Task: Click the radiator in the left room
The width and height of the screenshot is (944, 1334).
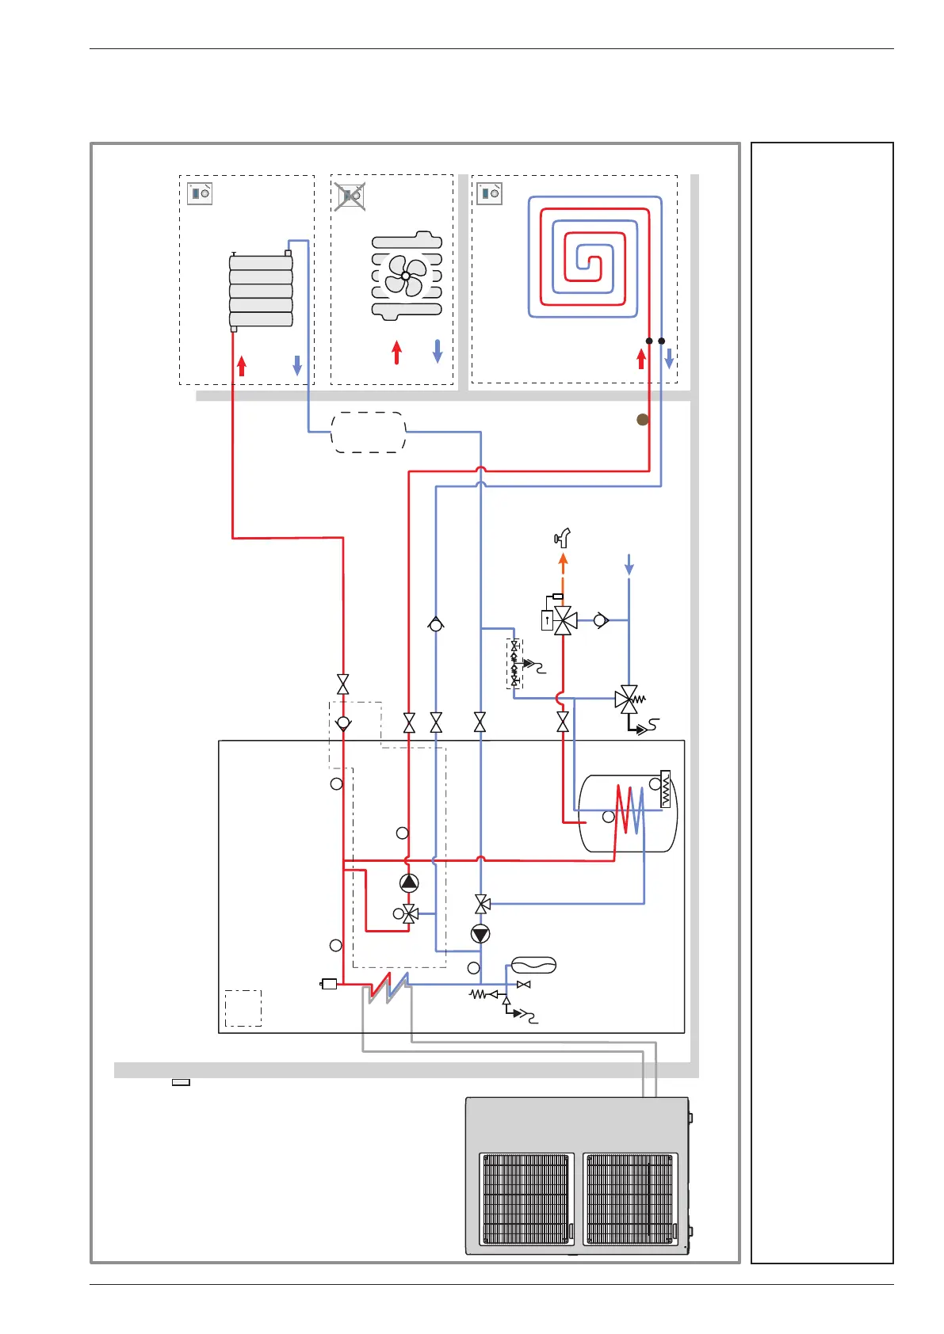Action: [x=261, y=291]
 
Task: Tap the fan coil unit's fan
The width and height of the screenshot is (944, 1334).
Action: [x=406, y=276]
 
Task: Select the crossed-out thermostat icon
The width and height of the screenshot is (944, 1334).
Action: [x=350, y=195]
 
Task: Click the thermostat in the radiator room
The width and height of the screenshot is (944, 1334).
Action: [x=200, y=193]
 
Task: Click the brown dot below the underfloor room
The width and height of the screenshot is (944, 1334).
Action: [x=643, y=420]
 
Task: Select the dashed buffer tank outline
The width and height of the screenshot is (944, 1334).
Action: [x=369, y=433]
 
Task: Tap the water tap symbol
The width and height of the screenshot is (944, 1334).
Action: [x=563, y=539]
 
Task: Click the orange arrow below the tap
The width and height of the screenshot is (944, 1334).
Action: [x=563, y=564]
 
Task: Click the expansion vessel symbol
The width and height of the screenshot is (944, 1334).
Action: [x=533, y=965]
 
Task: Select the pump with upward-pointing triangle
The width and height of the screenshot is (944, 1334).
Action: [x=409, y=882]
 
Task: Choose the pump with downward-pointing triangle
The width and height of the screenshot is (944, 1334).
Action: [x=480, y=934]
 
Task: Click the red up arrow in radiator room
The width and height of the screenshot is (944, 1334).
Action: [x=242, y=365]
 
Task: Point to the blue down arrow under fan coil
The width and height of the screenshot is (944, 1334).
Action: [x=438, y=351]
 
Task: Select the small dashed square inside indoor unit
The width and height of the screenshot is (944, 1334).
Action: [x=243, y=1008]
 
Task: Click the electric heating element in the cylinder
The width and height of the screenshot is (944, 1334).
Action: [x=665, y=789]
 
